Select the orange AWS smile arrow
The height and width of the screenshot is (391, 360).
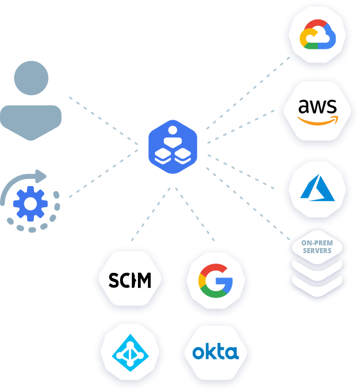[317, 120]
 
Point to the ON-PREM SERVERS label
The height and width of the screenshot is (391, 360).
[317, 246]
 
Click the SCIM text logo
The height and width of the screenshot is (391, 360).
[129, 280]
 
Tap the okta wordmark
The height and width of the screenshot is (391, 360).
[216, 351]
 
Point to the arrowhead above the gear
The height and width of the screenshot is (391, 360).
[42, 176]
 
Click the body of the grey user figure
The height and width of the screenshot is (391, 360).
[31, 119]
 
